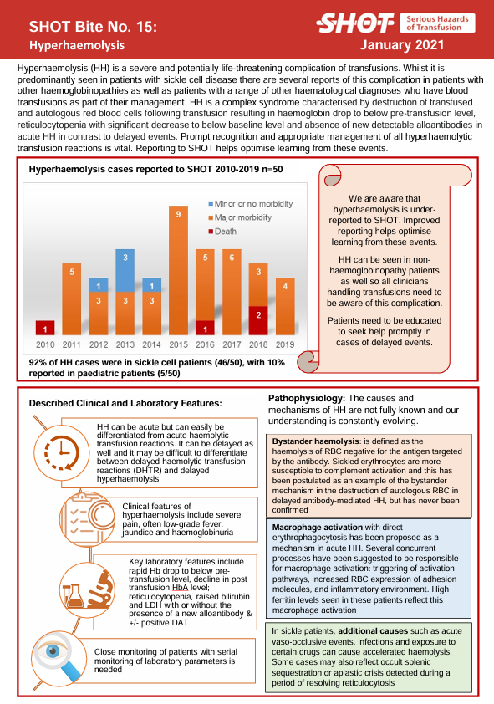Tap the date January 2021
(402, 45)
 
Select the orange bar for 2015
(178, 270)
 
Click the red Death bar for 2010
(45, 328)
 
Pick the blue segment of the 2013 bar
(125, 271)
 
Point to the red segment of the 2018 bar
(258, 320)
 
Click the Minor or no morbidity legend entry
(251, 204)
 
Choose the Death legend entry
(222, 232)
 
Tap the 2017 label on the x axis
(232, 344)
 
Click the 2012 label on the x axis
(99, 344)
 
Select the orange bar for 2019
(285, 307)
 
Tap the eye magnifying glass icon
(59, 659)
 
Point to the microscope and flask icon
(86, 589)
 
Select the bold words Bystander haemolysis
(315, 441)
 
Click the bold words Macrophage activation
(318, 528)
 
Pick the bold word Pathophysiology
(307, 398)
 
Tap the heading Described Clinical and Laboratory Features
(125, 403)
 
